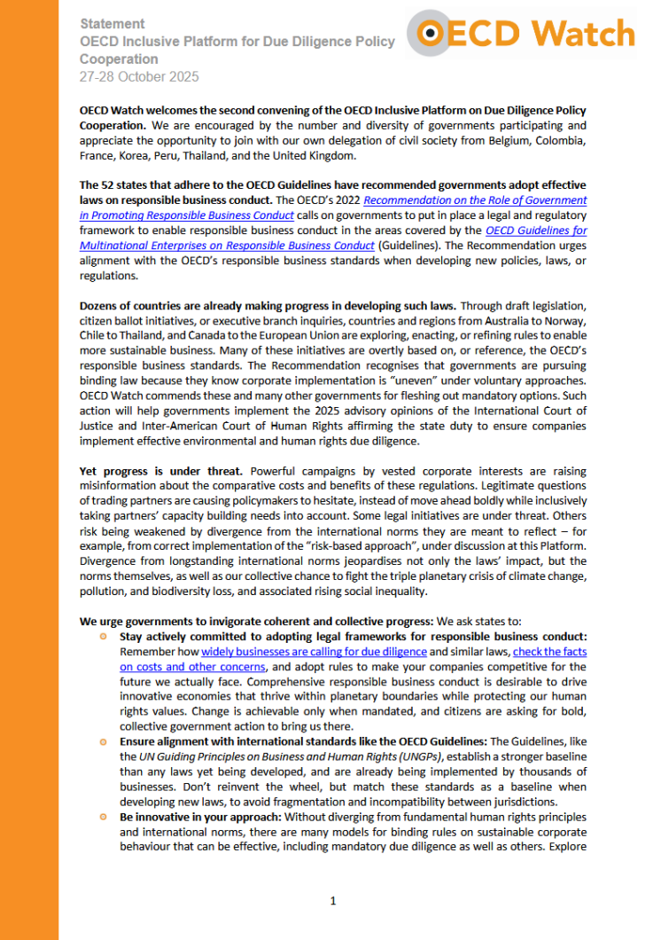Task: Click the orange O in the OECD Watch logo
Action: [x=432, y=33]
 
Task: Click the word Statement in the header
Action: [x=113, y=23]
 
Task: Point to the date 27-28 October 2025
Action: [x=139, y=77]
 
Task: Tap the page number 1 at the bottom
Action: [x=333, y=901]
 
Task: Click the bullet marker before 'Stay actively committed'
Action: [x=104, y=636]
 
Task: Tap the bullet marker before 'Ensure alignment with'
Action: [x=104, y=740]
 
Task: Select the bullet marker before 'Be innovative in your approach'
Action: [x=104, y=815]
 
